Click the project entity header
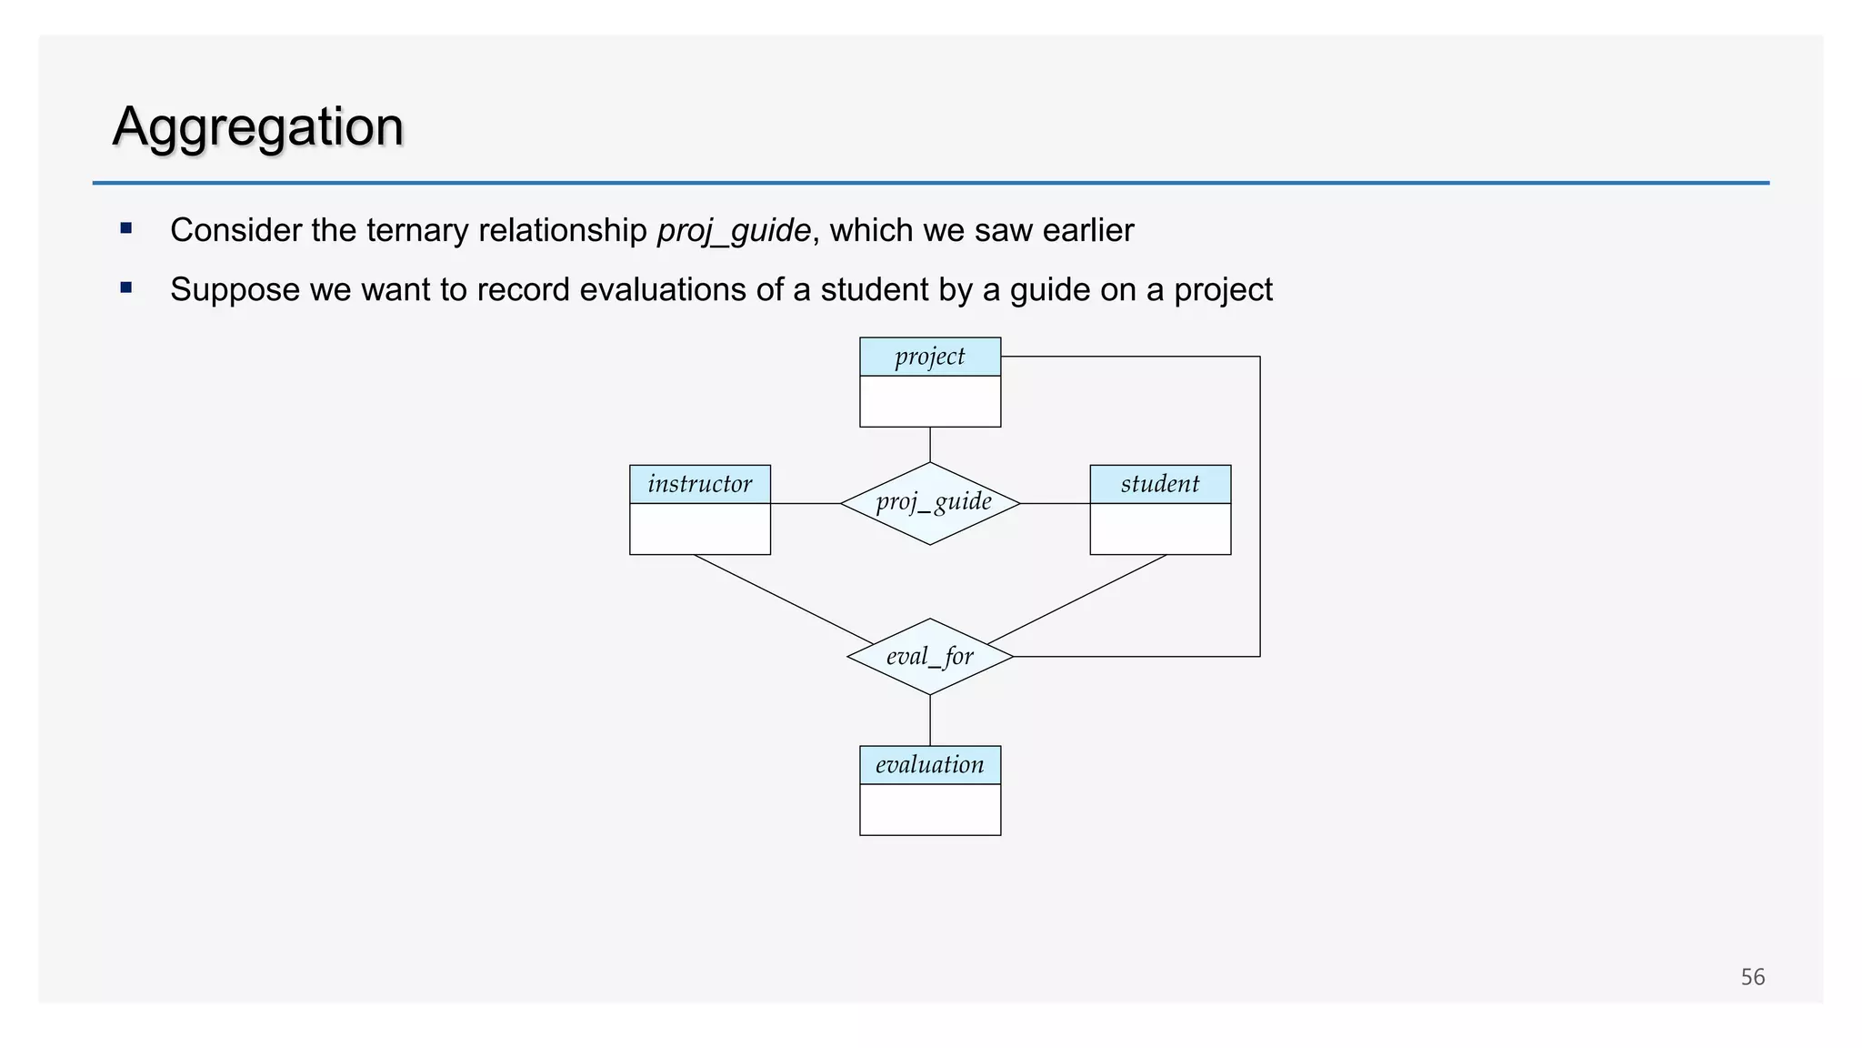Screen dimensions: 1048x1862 click(x=930, y=357)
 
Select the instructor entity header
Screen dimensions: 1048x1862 click(x=700, y=484)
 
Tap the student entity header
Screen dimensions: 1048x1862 click(x=1160, y=484)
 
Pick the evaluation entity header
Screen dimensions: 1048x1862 click(x=930, y=765)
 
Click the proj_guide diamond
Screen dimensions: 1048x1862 click(x=930, y=503)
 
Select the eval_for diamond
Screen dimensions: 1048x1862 click(x=930, y=657)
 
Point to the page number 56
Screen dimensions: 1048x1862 click(x=1752, y=977)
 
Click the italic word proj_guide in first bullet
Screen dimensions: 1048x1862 click(x=734, y=230)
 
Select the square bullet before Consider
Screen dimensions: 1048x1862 click(x=126, y=228)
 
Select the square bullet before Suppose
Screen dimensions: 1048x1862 click(x=126, y=287)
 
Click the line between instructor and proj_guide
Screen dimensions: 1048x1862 click(x=806, y=503)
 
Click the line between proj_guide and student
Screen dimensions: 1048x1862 click(x=1055, y=503)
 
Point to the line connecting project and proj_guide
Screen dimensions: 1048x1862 click(x=930, y=445)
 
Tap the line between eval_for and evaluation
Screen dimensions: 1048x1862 click(x=930, y=720)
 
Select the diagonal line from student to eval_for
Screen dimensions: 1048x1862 click(x=1077, y=599)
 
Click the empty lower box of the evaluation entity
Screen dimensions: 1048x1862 click(x=930, y=810)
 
